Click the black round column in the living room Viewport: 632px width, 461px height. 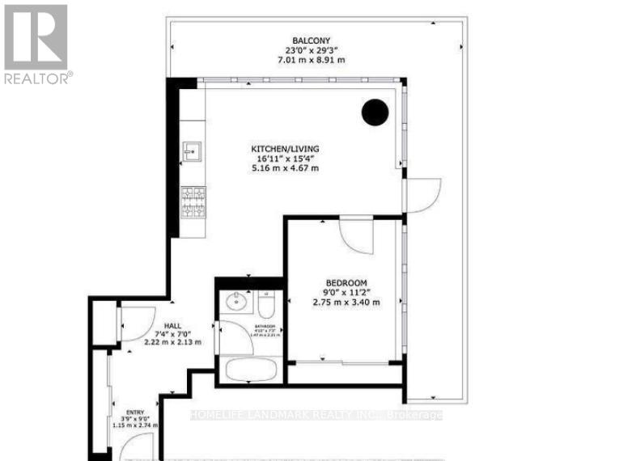click(375, 112)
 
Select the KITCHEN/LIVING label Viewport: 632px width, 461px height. click(284, 149)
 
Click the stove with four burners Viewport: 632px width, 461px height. click(193, 202)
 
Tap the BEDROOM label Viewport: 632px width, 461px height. click(346, 283)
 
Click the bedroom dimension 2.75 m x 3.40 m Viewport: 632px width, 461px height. click(346, 302)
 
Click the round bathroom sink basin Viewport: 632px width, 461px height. click(235, 302)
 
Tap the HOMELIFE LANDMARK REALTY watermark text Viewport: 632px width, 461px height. click(316, 416)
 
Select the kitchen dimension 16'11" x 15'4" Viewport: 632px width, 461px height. click(284, 159)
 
